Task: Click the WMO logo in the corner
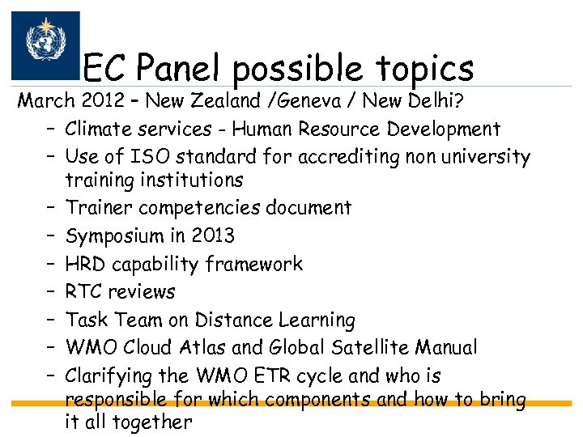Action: click(45, 45)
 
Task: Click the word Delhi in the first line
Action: click(424, 101)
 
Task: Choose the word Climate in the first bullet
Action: click(97, 129)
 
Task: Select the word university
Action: click(486, 157)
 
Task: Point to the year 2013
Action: click(211, 235)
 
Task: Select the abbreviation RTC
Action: click(84, 291)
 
